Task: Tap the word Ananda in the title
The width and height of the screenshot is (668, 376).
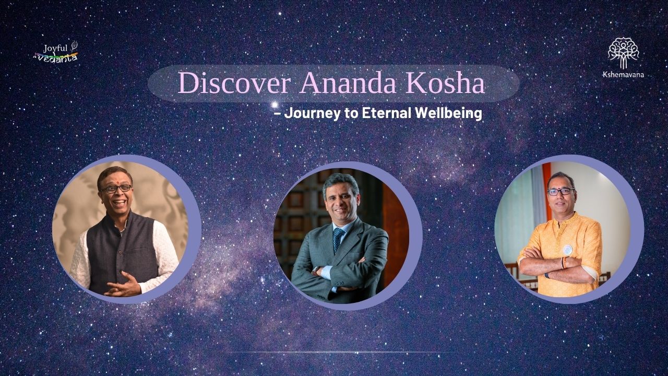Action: [x=348, y=83]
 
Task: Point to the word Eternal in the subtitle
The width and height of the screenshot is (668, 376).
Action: [x=385, y=113]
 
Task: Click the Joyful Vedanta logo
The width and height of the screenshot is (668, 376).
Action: [x=56, y=52]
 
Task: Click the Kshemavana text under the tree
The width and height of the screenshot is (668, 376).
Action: [x=623, y=75]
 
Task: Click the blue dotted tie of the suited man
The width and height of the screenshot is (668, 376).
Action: [x=338, y=239]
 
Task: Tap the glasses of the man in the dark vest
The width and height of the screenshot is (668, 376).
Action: [x=116, y=189]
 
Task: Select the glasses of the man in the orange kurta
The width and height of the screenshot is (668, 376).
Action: [x=560, y=192]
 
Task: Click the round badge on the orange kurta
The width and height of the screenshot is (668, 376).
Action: [x=567, y=250]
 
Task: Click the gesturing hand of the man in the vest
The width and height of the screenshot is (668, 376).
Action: [x=124, y=285]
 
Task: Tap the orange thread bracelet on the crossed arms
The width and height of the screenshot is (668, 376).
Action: [x=564, y=263]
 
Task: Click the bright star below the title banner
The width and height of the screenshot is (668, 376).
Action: [x=275, y=105]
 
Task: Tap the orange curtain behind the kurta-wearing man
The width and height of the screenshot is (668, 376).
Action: [x=546, y=191]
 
